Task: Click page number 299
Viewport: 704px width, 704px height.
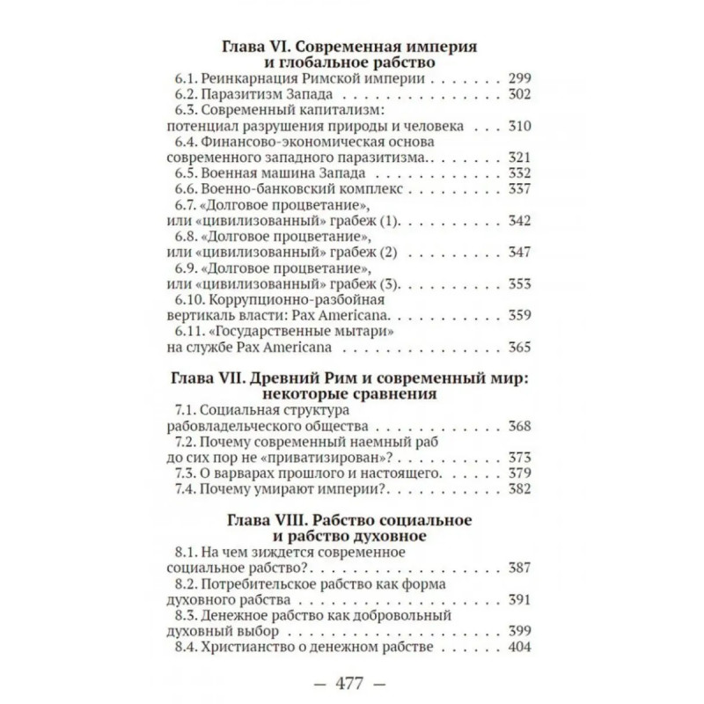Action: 521,78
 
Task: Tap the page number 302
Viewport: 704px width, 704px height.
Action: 521,94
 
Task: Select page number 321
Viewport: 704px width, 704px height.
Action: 521,158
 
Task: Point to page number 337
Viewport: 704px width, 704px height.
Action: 521,189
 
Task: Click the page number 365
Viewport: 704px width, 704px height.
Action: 521,348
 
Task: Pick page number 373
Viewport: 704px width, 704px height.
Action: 521,458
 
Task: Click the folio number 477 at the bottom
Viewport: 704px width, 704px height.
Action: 352,682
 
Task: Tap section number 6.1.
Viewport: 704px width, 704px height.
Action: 187,78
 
